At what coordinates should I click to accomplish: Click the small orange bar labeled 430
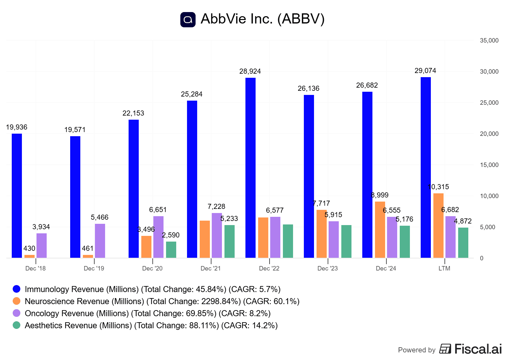point(29,256)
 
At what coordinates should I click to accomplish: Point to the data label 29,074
point(425,71)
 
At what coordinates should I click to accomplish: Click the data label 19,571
point(75,130)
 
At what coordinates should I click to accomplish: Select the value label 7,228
point(216,207)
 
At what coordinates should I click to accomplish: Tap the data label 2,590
point(170,235)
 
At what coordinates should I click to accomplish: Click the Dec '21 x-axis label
point(211,269)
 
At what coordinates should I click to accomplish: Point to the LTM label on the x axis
point(444,269)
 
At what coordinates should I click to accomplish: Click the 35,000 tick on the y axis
point(489,41)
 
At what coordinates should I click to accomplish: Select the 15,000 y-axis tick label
point(489,165)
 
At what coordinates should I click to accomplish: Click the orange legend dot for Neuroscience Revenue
point(17,301)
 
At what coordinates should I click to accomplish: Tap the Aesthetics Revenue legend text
point(151,325)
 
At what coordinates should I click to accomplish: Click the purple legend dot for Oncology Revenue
point(17,313)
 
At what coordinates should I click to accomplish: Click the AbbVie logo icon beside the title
point(188,20)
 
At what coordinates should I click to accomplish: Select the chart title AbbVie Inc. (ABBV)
point(263,19)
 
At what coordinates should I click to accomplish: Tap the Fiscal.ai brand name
point(478,349)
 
